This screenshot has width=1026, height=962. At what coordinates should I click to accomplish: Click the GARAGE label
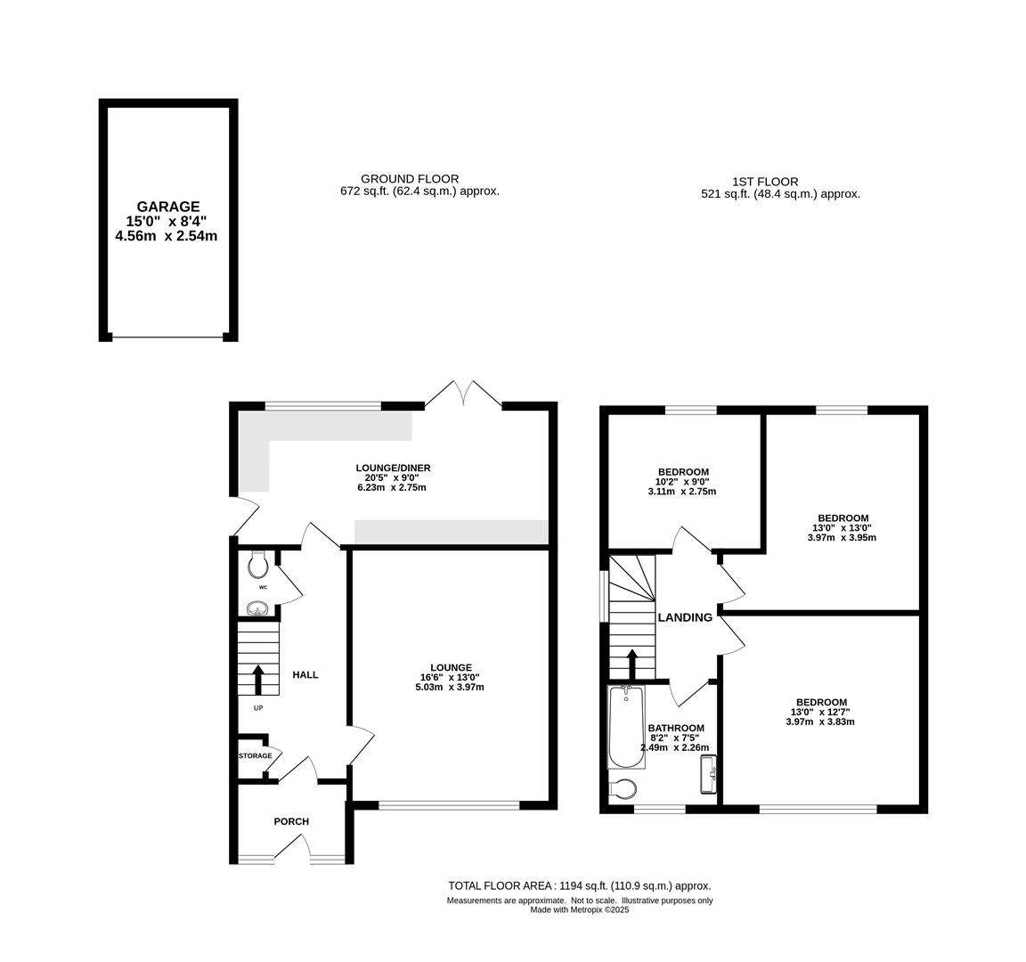[x=168, y=207]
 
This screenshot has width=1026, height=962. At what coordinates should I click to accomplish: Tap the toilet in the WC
[x=258, y=564]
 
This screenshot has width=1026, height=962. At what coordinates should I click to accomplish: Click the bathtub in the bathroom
[x=626, y=727]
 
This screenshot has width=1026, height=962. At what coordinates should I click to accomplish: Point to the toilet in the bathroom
[x=623, y=790]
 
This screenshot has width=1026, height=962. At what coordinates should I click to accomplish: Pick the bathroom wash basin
[x=709, y=774]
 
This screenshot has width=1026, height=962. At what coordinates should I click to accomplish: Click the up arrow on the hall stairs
[x=257, y=680]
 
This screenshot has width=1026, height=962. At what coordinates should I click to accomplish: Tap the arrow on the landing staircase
[x=632, y=664]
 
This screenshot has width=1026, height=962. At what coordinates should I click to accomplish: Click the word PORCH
[x=291, y=821]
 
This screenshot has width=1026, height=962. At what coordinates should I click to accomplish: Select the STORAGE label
[x=256, y=756]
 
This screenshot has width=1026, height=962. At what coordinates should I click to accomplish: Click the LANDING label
[x=685, y=617]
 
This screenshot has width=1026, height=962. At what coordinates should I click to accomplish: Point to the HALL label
[x=305, y=674]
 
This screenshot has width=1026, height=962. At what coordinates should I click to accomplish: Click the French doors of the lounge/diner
[x=464, y=394]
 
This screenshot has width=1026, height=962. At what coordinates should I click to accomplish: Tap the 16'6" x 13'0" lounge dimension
[x=452, y=677]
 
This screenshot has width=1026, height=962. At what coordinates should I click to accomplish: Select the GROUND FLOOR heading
[x=410, y=179]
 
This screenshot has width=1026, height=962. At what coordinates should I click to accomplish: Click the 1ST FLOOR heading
[x=766, y=182]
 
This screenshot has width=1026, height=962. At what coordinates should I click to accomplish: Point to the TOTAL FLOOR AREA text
[x=579, y=886]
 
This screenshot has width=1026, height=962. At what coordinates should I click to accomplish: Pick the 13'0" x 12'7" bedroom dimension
[x=820, y=712]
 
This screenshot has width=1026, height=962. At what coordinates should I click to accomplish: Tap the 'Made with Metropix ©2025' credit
[x=579, y=909]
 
